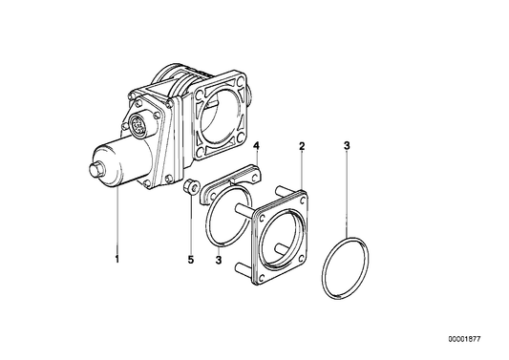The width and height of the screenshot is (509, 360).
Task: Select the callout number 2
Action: coord(302,146)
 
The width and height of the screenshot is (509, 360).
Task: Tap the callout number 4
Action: coord(257,146)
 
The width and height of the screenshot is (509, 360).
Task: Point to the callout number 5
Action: coord(190,258)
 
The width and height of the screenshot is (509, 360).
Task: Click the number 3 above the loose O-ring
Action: coord(348,146)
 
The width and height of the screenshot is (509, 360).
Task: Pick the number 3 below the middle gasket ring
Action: coord(219,259)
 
